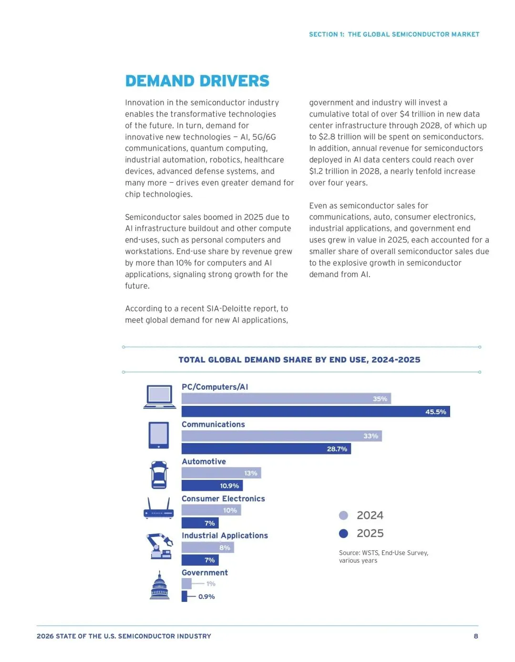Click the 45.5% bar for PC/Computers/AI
[316, 411]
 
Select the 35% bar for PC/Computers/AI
[286, 398]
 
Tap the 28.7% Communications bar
[266, 449]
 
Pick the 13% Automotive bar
[221, 473]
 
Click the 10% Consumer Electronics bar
[211, 510]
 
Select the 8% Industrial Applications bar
[208, 548]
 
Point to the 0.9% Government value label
[206, 597]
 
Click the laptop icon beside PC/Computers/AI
[160, 397]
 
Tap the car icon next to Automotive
[159, 475]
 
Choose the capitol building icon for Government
[159, 585]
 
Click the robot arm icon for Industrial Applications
[159, 546]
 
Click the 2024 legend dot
[343, 516]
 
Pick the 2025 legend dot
[343, 533]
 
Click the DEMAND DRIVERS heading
[197, 81]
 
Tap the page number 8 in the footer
[476, 636]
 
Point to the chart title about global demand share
[299, 360]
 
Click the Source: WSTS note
[383, 557]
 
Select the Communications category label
[213, 424]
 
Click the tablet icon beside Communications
[159, 435]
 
